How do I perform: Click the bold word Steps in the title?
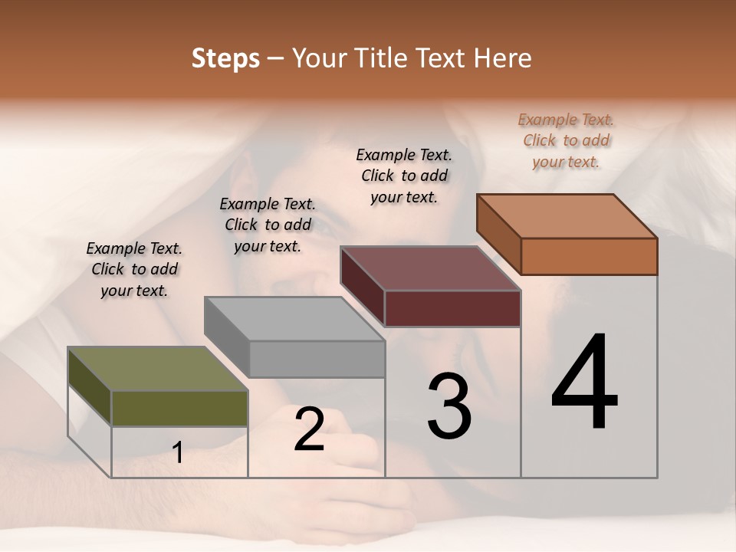tap(225, 58)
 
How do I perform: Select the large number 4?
tap(585, 383)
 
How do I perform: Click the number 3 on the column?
tap(449, 406)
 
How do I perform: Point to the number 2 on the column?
tap(309, 429)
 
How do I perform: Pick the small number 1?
tap(178, 452)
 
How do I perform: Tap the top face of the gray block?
tap(294, 318)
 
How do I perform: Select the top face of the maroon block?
tap(430, 268)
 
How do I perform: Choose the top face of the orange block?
tap(567, 216)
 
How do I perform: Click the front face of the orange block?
tap(589, 256)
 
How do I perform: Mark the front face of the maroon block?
tap(452, 308)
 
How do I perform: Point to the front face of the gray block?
tap(317, 359)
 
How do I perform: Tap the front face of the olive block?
tap(179, 408)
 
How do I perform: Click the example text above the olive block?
tap(134, 269)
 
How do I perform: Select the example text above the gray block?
tap(268, 225)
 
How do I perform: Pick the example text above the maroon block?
tap(404, 176)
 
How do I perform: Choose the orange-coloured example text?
tap(566, 140)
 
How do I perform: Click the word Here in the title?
tap(504, 58)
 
